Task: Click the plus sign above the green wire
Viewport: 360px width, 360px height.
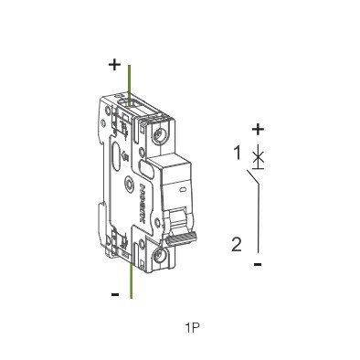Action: [x=114, y=65]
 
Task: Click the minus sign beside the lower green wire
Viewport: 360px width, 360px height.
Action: [x=115, y=294]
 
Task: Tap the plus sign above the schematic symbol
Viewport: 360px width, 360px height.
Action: [x=258, y=129]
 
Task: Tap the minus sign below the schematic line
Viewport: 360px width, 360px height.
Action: [x=259, y=264]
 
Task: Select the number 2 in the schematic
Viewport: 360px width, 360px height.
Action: [x=237, y=244]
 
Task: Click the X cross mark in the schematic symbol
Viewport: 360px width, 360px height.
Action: [x=259, y=157]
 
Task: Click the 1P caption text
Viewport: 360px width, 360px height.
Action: [x=192, y=326]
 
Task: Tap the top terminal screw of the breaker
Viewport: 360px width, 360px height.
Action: [x=161, y=138]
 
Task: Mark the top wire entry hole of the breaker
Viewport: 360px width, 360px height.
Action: [x=131, y=106]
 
